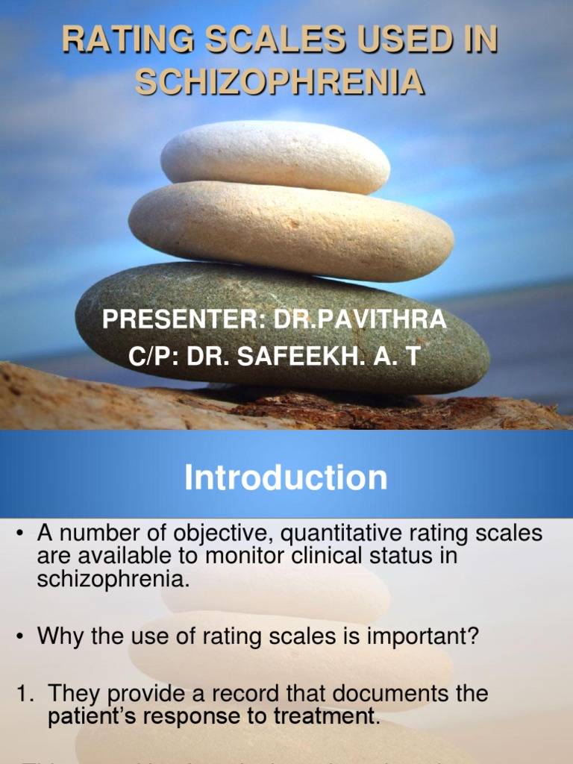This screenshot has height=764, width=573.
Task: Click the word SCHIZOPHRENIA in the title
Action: pyautogui.click(x=280, y=82)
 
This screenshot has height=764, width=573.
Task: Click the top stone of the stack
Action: pyautogui.click(x=275, y=157)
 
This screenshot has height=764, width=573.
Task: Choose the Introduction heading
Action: pyautogui.click(x=286, y=477)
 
